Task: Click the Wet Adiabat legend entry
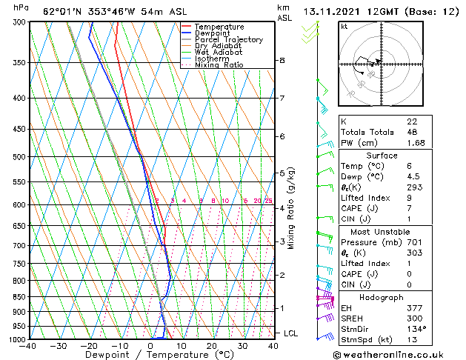219,52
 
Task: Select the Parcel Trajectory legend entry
228,39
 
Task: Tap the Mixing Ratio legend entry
219,65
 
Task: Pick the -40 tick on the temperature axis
29,346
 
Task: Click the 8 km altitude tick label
282,61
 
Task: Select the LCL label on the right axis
290,333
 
